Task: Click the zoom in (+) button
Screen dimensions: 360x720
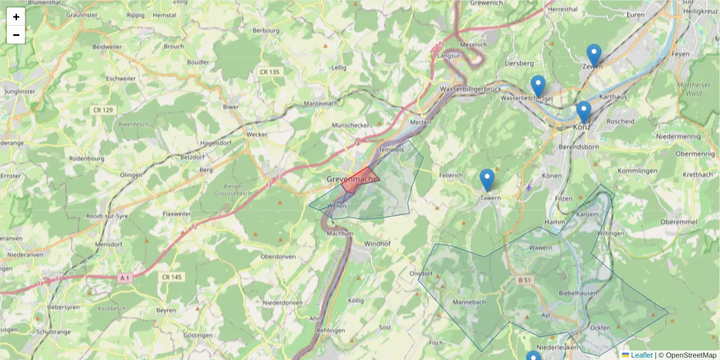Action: pos(16,17)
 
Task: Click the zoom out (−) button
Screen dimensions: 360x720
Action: pos(16,35)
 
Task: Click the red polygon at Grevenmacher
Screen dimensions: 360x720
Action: pos(359,180)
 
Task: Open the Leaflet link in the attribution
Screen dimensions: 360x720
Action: pos(641,355)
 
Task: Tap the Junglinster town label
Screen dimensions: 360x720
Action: pos(20,92)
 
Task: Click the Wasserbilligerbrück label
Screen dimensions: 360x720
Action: pos(470,89)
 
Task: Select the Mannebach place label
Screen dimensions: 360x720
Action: pos(469,302)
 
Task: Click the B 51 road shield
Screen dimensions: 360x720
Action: pos(524,280)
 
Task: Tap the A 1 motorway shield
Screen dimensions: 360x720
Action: pos(124,278)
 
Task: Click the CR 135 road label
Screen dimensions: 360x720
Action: pos(269,72)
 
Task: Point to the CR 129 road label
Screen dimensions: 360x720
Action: pos(103,110)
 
